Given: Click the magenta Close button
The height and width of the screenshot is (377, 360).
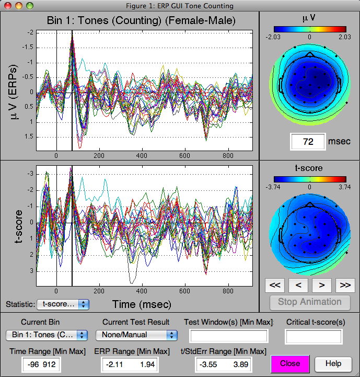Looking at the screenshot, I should tap(290, 363).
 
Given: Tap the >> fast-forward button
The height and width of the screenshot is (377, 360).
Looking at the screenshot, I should tap(345, 285).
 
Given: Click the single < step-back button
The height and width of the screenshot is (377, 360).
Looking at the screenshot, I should tap(298, 285).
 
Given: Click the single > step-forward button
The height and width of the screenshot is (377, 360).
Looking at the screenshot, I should tap(321, 285).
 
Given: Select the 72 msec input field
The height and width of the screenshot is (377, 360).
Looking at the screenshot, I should tap(308, 142).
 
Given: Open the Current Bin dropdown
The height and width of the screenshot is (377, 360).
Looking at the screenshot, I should tap(47, 335).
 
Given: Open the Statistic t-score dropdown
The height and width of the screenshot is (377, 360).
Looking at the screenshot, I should tap(63, 304).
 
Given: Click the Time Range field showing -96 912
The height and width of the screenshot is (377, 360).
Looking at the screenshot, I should tap(41, 364).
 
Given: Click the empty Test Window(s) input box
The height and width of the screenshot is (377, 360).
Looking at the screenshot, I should tap(229, 336).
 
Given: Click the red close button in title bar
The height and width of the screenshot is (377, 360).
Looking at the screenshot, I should tap(7, 6).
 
